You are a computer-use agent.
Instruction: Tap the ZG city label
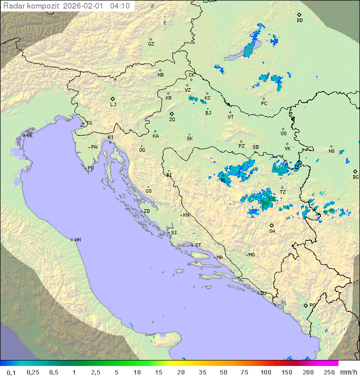click(x=172, y=120)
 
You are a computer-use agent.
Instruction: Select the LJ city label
click(x=113, y=105)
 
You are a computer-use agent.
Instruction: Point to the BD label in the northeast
click(x=299, y=21)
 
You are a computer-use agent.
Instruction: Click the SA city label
click(x=272, y=231)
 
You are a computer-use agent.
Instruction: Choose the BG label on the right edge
click(x=355, y=177)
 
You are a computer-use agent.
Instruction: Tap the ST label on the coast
click(x=198, y=245)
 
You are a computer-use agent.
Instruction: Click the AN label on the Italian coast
click(x=77, y=240)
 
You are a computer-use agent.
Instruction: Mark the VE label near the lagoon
click(x=29, y=136)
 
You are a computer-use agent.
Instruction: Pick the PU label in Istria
click(x=90, y=168)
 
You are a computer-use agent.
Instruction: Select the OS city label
click(x=283, y=134)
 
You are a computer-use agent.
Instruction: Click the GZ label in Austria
click(x=151, y=44)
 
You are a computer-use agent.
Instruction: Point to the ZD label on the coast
click(x=146, y=211)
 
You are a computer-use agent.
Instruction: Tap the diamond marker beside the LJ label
click(x=113, y=99)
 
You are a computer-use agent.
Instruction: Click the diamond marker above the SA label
click(x=272, y=225)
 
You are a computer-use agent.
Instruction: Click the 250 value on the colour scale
click(x=329, y=372)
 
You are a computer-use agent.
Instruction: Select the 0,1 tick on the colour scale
click(x=11, y=372)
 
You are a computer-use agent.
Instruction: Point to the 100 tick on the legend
click(x=265, y=372)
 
